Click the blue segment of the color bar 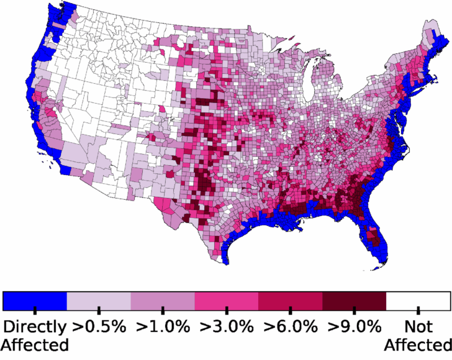(x=35, y=301)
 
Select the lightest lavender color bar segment (x=99, y=301)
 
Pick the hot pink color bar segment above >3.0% (x=227, y=301)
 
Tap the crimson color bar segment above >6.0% (x=291, y=301)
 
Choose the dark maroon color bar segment (x=355, y=301)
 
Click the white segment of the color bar (x=418, y=301)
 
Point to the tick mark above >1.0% (x=163, y=309)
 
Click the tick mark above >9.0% (x=355, y=309)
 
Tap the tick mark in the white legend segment (x=418, y=309)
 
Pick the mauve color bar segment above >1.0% (x=163, y=301)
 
